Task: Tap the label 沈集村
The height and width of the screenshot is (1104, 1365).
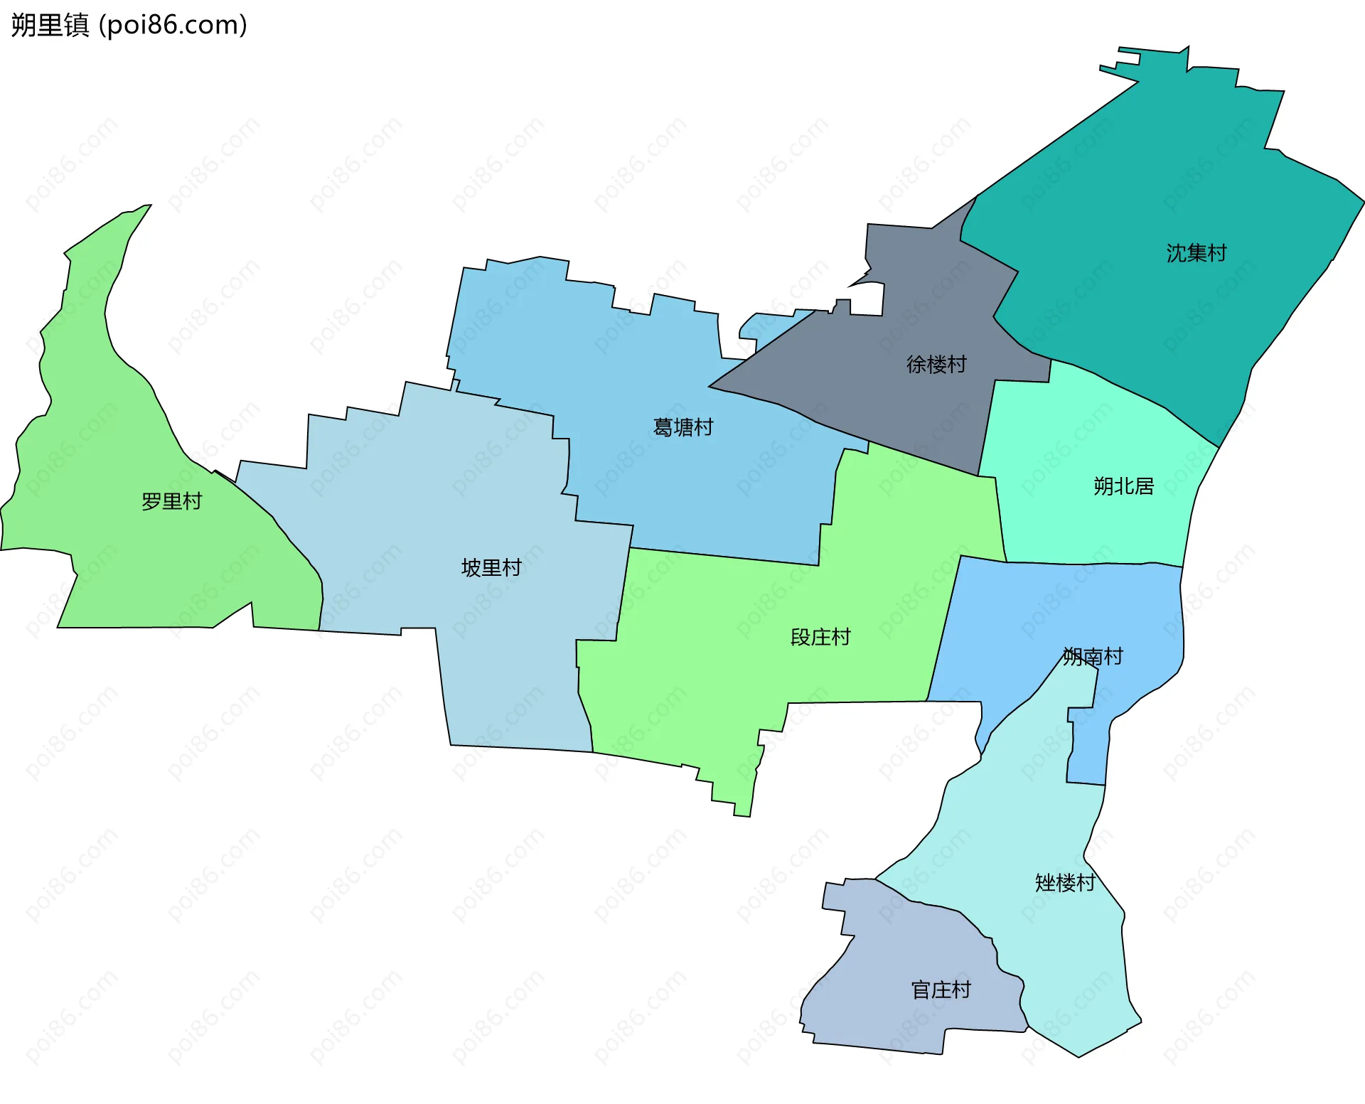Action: pyautogui.click(x=1196, y=253)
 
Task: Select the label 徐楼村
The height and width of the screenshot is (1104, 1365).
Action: pyautogui.click(x=936, y=365)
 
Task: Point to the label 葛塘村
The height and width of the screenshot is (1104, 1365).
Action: pyautogui.click(x=682, y=427)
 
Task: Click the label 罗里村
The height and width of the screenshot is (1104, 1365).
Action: pyautogui.click(x=171, y=502)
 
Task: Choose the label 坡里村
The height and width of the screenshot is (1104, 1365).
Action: pyautogui.click(x=491, y=568)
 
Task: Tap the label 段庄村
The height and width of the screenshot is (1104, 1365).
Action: pyautogui.click(x=820, y=637)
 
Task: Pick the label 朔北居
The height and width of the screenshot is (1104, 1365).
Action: pyautogui.click(x=1123, y=486)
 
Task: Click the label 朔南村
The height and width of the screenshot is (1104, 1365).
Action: pyautogui.click(x=1093, y=656)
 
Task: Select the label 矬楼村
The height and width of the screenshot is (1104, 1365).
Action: pyautogui.click(x=1064, y=883)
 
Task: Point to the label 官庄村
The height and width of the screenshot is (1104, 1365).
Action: pyautogui.click(x=941, y=990)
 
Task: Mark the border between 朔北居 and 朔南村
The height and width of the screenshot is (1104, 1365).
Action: pyautogui.click(x=1095, y=564)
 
